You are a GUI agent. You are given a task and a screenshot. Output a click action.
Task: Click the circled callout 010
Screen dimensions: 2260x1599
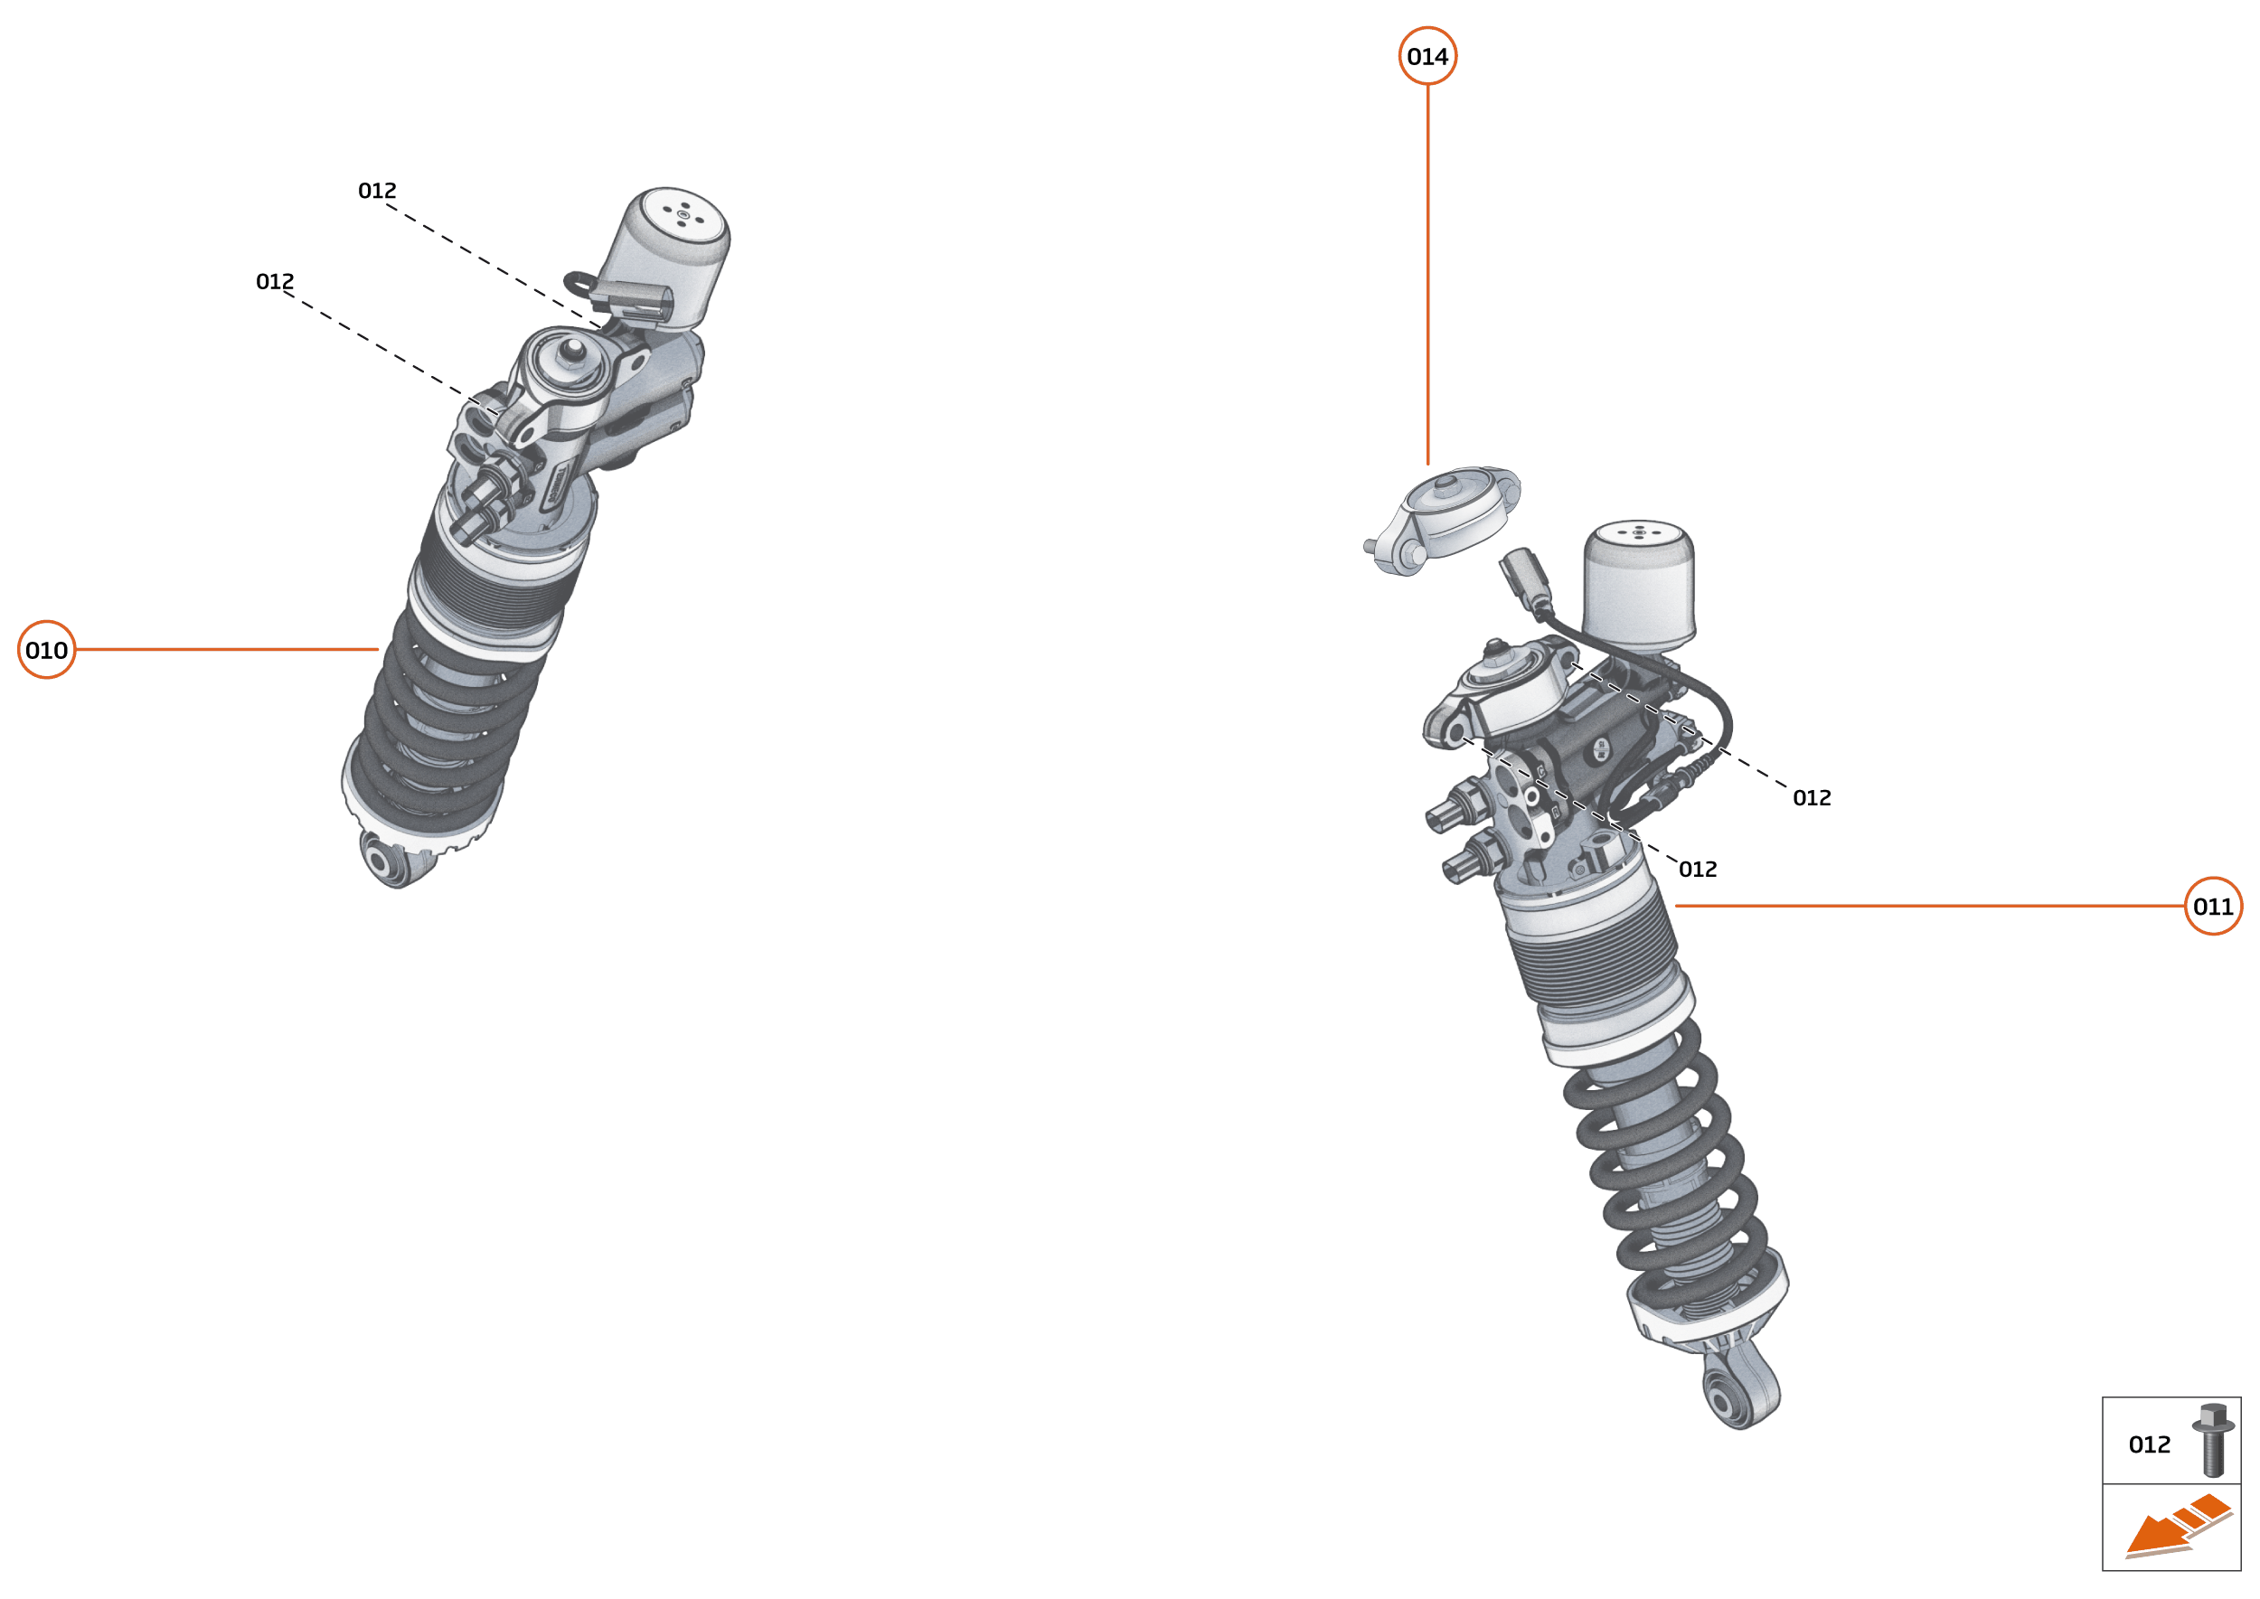46,650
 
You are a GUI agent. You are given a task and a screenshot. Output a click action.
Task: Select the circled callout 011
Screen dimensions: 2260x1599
2213,906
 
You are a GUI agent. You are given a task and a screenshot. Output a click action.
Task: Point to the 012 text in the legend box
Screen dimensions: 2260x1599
2149,1444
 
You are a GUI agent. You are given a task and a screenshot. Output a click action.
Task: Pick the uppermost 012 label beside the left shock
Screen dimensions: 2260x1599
377,190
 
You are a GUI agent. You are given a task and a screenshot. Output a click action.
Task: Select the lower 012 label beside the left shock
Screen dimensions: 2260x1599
275,282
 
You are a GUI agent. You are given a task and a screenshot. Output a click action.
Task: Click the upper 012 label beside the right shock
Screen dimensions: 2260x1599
1811,797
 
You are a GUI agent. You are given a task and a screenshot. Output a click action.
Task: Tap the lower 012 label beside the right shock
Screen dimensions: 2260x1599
1698,870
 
